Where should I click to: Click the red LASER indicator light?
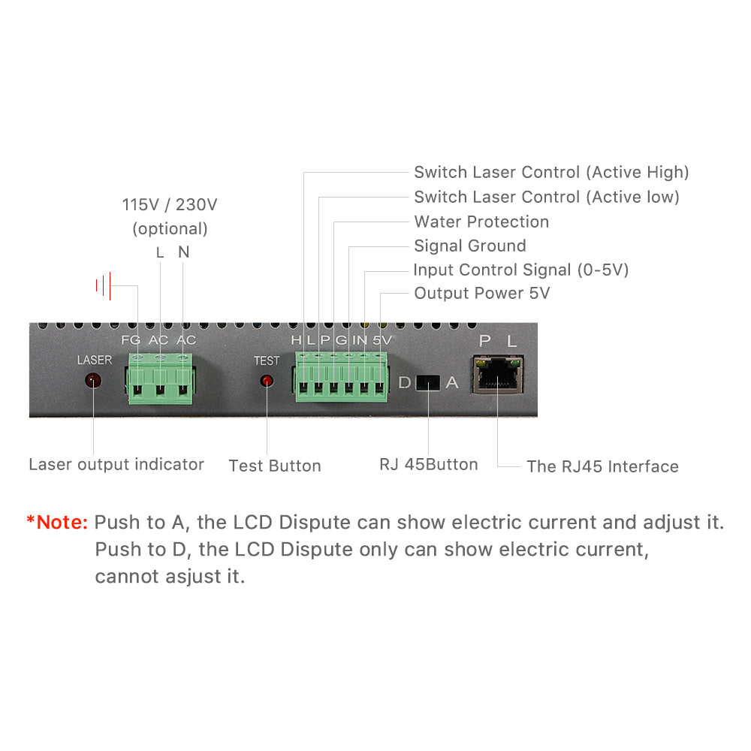coord(93,380)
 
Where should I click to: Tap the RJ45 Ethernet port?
coord(498,375)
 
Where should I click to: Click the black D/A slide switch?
coord(427,382)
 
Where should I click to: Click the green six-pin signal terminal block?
coord(342,379)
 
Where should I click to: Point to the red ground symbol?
coord(104,285)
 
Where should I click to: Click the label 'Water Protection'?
coord(481,222)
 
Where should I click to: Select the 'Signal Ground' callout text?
coord(470,246)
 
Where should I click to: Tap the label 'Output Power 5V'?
coord(481,293)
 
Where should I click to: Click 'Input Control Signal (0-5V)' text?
coord(520,270)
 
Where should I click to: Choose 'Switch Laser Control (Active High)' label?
coord(551,172)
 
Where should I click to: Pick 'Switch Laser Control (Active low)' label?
coord(546,197)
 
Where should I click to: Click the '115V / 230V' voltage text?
coord(170,204)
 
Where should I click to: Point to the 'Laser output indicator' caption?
coord(116,464)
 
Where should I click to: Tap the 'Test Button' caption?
coord(275,466)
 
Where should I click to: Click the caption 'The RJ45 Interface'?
coord(602,466)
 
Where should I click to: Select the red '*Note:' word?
coord(58,522)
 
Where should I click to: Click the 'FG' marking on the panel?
coord(131,340)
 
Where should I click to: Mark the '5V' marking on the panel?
coord(383,340)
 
